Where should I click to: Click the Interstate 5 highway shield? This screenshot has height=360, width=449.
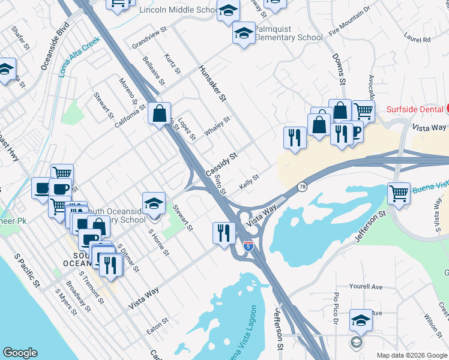click(248, 246)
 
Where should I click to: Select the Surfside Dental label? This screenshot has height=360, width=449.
click(415, 109)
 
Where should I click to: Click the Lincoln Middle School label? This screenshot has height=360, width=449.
click(178, 10)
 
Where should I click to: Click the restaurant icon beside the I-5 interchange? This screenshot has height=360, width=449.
click(224, 232)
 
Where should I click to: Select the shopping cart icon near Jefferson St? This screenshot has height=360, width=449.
click(399, 193)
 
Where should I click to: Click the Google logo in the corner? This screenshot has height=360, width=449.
click(20, 353)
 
